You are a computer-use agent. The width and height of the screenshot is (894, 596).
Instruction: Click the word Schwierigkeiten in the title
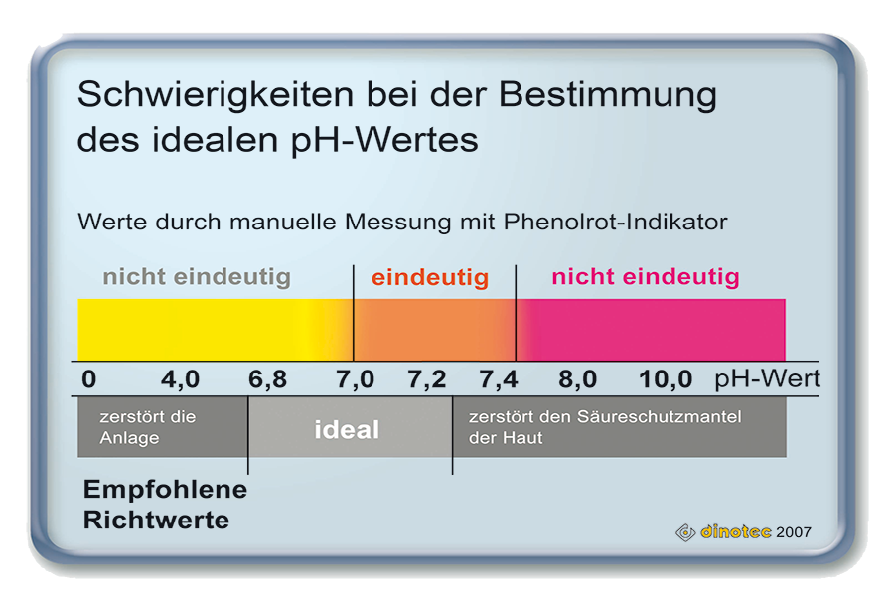[x=216, y=95]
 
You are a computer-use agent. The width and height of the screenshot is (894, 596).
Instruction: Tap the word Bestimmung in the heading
[x=608, y=95]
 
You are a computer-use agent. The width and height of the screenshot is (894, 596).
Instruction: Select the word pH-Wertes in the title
[x=384, y=140]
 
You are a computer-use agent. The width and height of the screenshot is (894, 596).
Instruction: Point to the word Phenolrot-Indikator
[x=615, y=222]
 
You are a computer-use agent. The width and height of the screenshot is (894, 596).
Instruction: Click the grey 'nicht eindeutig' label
[x=197, y=277]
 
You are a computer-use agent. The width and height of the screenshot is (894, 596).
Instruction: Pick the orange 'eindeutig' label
[x=430, y=278]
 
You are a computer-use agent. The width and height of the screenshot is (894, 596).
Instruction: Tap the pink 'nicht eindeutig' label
[x=646, y=277]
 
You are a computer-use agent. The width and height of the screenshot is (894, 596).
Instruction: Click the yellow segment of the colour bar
[x=216, y=330]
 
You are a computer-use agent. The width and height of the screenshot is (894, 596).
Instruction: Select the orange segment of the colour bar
[x=434, y=330]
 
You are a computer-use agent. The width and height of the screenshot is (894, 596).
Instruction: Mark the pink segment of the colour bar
[x=651, y=330]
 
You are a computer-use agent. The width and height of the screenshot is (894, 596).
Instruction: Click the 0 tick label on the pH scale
[x=89, y=379]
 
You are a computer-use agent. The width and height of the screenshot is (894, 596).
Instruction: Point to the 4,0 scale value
[x=180, y=379]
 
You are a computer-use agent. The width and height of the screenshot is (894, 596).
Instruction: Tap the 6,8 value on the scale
[x=268, y=379]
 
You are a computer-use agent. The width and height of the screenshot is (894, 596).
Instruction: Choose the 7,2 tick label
[x=427, y=379]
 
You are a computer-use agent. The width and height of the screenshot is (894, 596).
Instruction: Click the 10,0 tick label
[x=666, y=379]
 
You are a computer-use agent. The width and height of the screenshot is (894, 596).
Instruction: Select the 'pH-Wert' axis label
[x=767, y=378]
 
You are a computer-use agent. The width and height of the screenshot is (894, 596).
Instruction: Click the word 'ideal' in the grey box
[x=347, y=430]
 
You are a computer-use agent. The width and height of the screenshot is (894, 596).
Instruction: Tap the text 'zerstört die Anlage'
[x=148, y=427]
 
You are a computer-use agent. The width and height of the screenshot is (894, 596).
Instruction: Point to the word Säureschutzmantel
[x=660, y=417]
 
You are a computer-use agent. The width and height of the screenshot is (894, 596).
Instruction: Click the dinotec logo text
[x=735, y=532]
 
